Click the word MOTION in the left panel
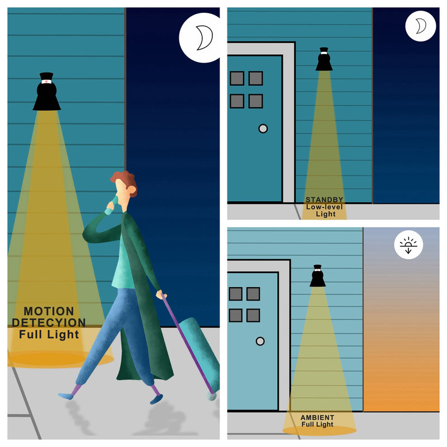pos(49,311)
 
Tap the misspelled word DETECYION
pos(49,323)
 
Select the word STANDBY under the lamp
pos(325,199)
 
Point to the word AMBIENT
pos(317,417)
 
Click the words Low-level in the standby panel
pos(325,207)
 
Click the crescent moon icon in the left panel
pos(205,37)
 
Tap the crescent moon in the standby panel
pos(421,26)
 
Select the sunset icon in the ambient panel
pos(408,245)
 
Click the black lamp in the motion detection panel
pos(46,91)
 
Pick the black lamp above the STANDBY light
pos(324,59)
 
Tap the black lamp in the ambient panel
pos(317,275)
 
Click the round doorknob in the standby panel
pos(263,129)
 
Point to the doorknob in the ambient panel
pos(260,341)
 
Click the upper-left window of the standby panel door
pos(237,78)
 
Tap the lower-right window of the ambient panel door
pos(253,315)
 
